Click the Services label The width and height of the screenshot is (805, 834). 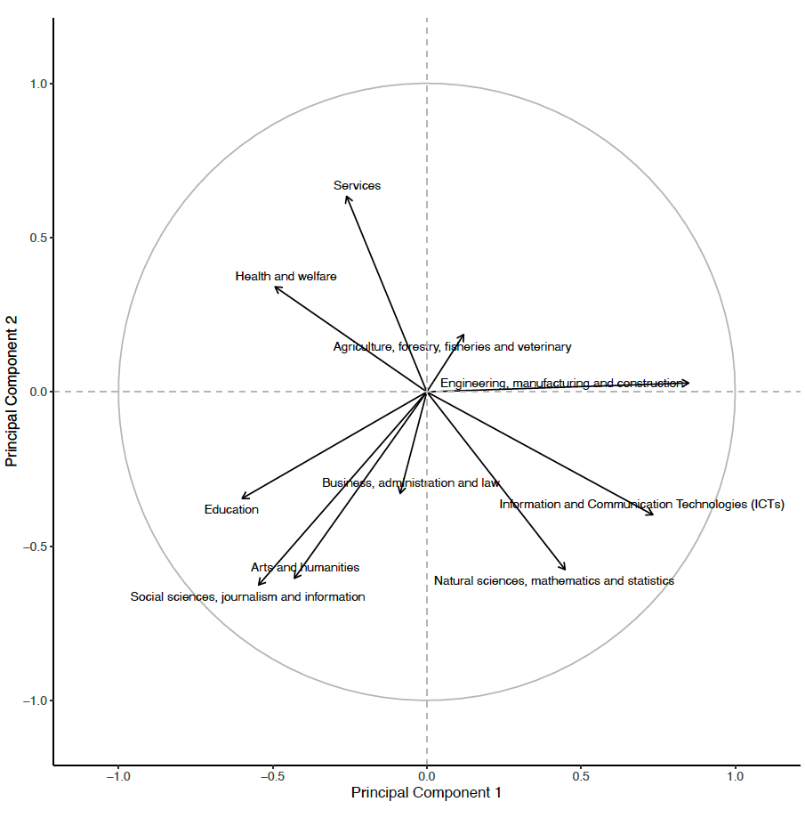[357, 186]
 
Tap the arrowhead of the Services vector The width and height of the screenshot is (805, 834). [347, 197]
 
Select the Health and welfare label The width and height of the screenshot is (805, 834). [286, 277]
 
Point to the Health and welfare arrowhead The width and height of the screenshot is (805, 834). [276, 287]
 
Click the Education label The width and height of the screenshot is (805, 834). [231, 510]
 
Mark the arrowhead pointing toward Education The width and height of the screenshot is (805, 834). [243, 498]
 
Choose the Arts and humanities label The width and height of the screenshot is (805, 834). [305, 567]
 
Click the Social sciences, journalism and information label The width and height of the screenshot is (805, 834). [247, 597]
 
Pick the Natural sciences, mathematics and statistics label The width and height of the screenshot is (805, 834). [553, 581]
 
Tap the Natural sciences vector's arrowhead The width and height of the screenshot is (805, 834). [565, 569]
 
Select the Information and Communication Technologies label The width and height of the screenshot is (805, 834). [641, 505]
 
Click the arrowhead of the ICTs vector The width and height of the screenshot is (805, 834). [653, 514]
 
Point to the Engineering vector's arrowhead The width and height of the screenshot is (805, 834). [688, 384]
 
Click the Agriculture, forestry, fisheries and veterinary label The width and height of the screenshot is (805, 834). [452, 347]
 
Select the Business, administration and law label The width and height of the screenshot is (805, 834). [411, 483]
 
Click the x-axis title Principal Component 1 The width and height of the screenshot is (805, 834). [426, 792]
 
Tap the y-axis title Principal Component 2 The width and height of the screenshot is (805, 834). [12, 392]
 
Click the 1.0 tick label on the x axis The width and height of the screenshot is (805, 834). [735, 776]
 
